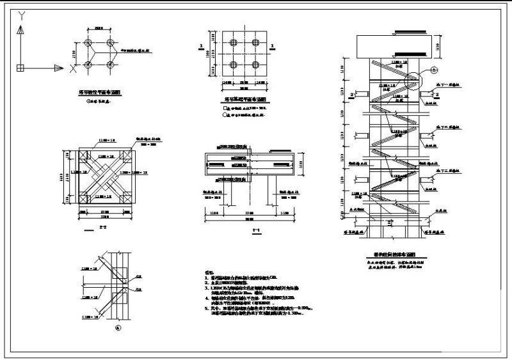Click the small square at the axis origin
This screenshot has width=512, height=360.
(20, 67)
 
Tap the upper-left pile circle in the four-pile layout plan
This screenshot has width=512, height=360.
(86, 36)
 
